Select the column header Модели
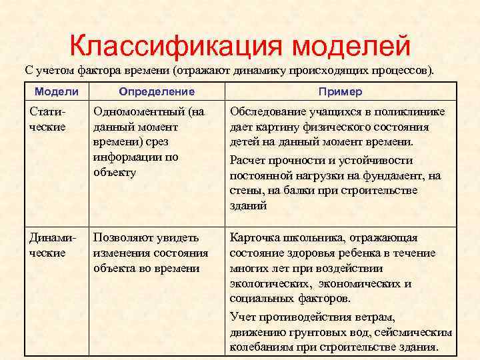(x=57, y=92)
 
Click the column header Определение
(x=157, y=92)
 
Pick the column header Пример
(x=340, y=92)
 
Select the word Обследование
(x=266, y=111)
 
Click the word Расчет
(x=248, y=160)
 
